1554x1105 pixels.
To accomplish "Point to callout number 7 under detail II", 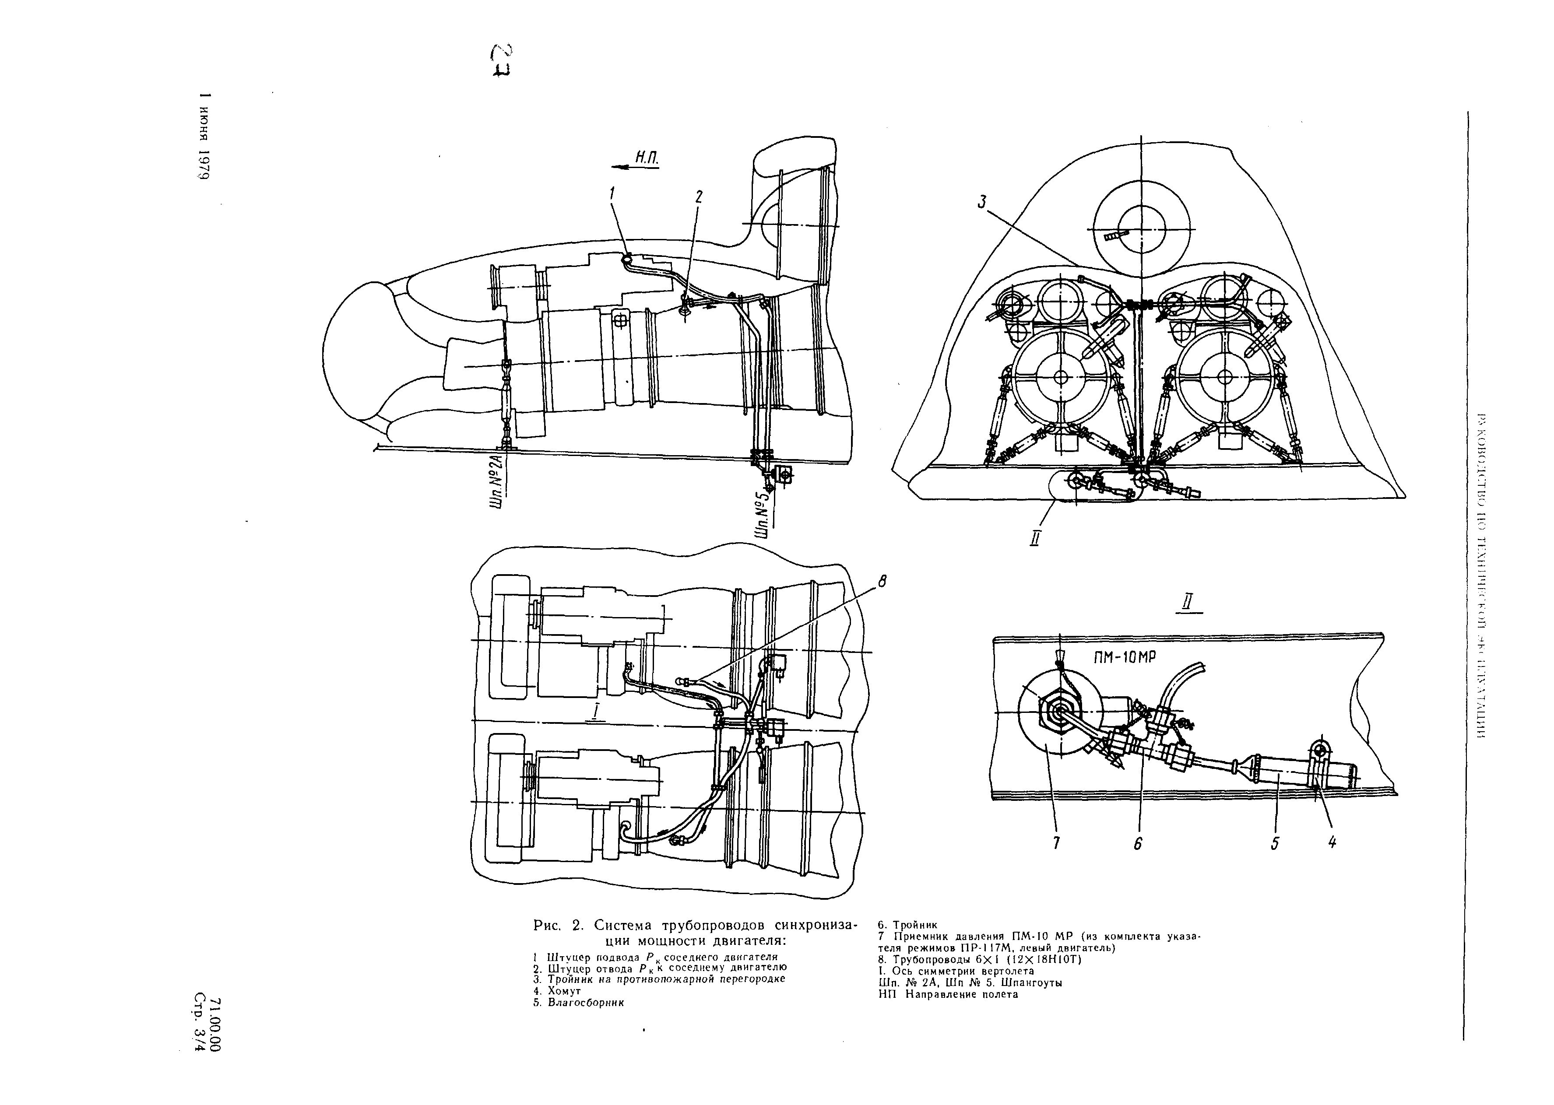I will click(x=1056, y=843).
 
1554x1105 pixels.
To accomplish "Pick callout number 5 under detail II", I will click(x=1274, y=843).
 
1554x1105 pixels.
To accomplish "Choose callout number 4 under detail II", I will click(x=1332, y=842).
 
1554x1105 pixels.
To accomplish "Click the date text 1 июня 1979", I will click(x=203, y=136).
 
